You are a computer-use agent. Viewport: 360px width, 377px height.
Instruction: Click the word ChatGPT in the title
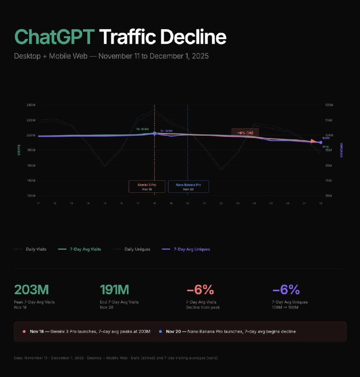tap(55, 37)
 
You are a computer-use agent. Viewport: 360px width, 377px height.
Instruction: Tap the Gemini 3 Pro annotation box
tap(147, 186)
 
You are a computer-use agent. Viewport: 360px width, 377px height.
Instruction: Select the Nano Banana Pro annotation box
tap(188, 186)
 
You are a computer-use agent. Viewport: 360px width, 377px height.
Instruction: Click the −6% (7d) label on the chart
tap(245, 132)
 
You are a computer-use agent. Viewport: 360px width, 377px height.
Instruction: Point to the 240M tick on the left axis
tap(31, 105)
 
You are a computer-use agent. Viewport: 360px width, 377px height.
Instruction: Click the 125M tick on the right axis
tap(329, 105)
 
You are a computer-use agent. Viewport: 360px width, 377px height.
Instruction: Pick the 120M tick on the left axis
tap(31, 195)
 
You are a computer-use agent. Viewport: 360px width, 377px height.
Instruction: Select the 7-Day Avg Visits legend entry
tap(85, 249)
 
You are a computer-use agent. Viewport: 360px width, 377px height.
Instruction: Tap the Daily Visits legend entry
tap(36, 249)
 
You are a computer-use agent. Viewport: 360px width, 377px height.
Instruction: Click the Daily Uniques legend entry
tap(137, 249)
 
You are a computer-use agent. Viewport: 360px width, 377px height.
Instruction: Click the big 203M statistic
tap(32, 289)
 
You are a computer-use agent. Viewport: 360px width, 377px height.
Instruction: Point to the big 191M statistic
tap(115, 289)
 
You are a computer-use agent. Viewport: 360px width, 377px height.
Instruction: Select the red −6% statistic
tap(200, 289)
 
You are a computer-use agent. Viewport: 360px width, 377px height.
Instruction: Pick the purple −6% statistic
tap(286, 289)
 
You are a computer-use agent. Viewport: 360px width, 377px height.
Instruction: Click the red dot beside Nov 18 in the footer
tap(24, 332)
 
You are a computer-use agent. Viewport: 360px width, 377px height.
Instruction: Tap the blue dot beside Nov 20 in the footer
tap(160, 332)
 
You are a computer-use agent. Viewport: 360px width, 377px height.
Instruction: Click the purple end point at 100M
tap(321, 142)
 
